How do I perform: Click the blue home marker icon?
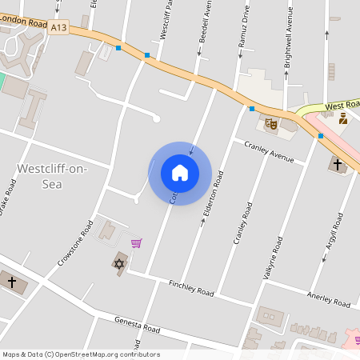[x=180, y=173]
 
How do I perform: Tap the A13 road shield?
[x=58, y=27]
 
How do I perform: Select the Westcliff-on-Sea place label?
[x=51, y=176]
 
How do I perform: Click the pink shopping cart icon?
[x=137, y=243]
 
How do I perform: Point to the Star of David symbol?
[x=118, y=263]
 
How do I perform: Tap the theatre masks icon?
[x=270, y=124]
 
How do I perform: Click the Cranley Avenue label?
[x=269, y=151]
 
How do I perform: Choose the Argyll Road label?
[x=337, y=234]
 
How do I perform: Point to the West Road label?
[x=342, y=106]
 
